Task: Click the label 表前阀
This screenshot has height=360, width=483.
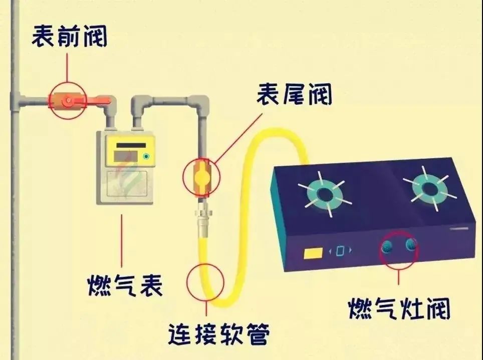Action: pos(70,37)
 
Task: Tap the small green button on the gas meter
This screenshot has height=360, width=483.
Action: pos(146,157)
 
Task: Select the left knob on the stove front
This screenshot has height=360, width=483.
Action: pos(388,246)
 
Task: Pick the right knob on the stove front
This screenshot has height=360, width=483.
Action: pos(411,244)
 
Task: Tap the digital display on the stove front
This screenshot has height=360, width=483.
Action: pos(340,250)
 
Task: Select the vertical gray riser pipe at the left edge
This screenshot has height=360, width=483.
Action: pos(15,200)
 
